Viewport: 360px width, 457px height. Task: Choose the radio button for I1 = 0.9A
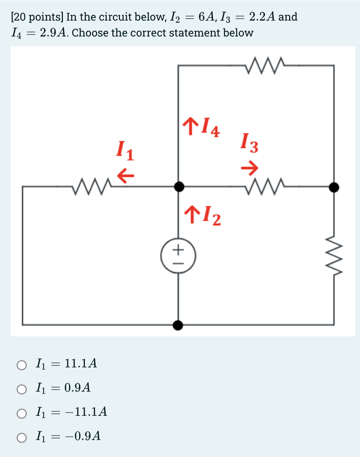(x=22, y=389)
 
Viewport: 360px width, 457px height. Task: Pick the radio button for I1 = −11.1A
(x=22, y=413)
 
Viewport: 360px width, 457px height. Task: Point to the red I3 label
(x=250, y=143)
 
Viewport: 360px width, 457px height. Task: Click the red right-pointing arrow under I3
(x=250, y=167)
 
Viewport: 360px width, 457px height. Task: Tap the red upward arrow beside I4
(x=189, y=126)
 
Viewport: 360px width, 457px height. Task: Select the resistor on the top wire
(x=265, y=65)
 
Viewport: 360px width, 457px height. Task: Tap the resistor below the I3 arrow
(x=266, y=186)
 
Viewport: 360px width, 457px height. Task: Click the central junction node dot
(x=179, y=187)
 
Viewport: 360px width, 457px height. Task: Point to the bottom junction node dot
(x=178, y=325)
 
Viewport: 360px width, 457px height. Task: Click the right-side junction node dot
(x=334, y=187)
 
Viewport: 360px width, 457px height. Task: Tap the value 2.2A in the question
(x=263, y=17)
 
